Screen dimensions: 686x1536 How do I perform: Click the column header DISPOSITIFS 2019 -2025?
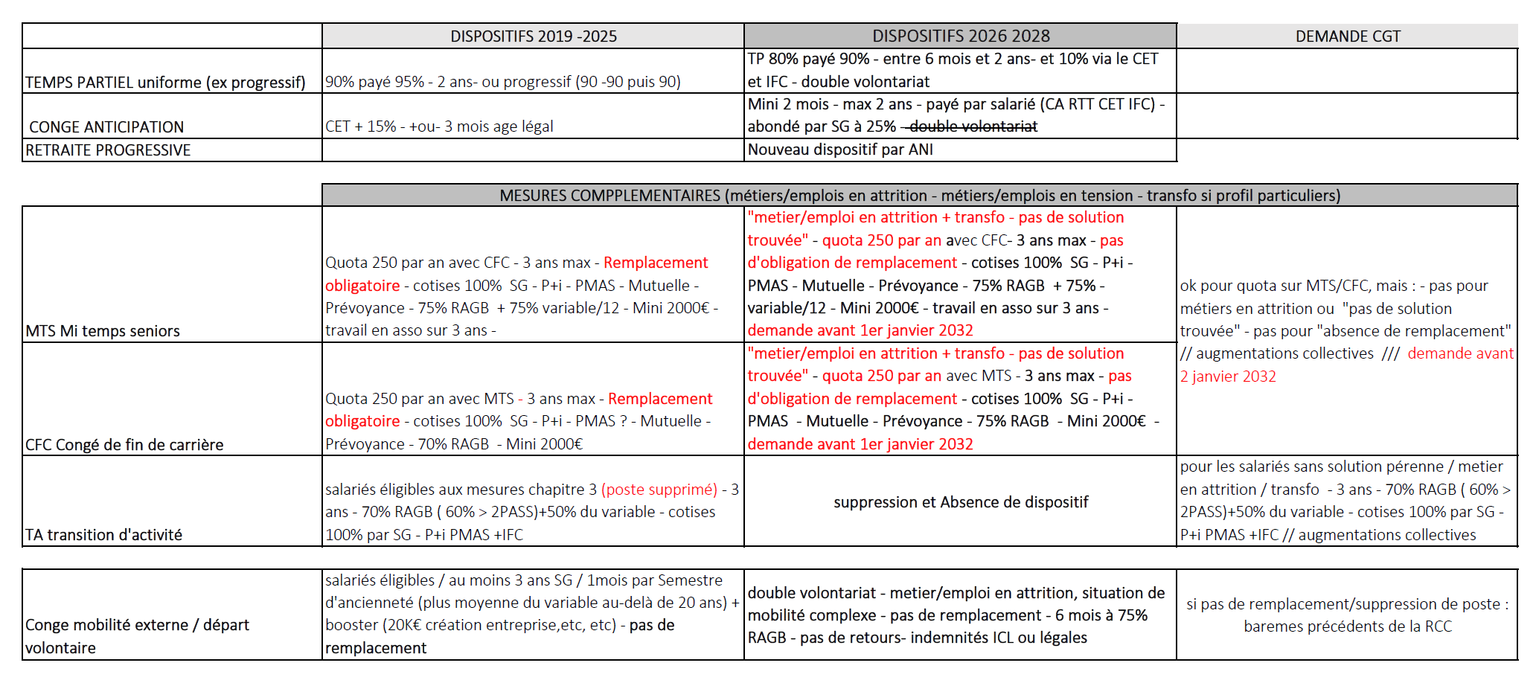click(533, 36)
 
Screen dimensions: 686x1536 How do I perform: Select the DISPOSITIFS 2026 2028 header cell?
click(960, 36)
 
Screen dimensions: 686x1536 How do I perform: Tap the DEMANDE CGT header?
click(1347, 36)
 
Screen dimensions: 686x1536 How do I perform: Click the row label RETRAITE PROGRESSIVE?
click(108, 150)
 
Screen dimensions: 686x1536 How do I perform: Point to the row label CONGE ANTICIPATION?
click(106, 127)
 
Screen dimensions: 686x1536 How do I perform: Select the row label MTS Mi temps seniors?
click(103, 331)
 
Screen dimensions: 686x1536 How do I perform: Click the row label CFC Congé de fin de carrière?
click(124, 445)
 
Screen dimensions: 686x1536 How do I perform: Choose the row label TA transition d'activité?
click(103, 535)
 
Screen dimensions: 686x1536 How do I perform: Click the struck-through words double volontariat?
click(973, 126)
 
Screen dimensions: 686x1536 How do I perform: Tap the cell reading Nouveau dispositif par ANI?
click(840, 150)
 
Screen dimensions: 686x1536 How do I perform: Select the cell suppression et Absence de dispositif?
click(960, 502)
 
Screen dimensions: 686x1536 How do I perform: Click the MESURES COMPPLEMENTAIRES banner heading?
click(919, 196)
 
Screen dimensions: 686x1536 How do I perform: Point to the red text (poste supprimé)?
click(659, 490)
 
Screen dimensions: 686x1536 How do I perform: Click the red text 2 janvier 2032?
click(1228, 376)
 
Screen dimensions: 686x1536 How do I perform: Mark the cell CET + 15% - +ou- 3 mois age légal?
click(439, 126)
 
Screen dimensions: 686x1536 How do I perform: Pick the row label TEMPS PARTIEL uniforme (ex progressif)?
click(165, 83)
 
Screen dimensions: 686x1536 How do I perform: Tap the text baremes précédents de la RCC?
click(1347, 626)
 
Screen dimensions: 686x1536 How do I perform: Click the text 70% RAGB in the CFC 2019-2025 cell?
click(453, 444)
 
